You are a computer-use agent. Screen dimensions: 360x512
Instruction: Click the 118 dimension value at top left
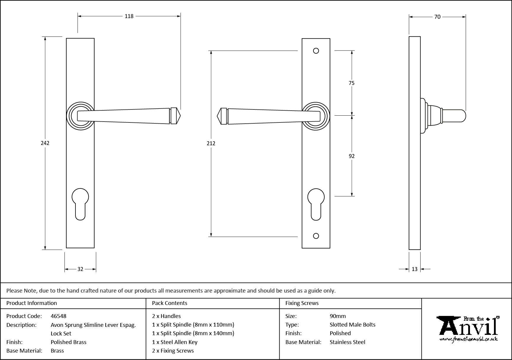point(129,16)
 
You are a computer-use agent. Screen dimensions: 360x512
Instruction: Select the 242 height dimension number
point(45,143)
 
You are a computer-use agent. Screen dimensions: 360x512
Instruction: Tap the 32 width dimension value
point(80,269)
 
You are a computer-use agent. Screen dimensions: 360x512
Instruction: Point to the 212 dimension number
point(211,143)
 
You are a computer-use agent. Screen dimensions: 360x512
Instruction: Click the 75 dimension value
point(352,83)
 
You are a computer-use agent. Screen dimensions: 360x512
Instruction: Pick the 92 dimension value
point(352,156)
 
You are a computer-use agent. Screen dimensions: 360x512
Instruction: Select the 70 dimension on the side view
point(437,17)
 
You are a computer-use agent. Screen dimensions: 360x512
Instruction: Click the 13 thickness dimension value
point(415,269)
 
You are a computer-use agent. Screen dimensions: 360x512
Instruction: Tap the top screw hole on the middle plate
point(316,51)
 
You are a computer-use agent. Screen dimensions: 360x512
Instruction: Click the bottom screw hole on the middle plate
point(316,236)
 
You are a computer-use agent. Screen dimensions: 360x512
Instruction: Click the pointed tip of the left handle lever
point(179,116)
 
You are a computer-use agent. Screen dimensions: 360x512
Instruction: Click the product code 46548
point(59,316)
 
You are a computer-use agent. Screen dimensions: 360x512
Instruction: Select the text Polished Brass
point(69,342)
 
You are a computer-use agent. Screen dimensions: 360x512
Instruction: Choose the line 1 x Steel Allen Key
point(175,342)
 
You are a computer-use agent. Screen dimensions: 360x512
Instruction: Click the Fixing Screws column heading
point(302,303)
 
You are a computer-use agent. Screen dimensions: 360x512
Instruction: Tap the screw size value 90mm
point(338,316)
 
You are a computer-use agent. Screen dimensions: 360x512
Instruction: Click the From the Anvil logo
point(468,329)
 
